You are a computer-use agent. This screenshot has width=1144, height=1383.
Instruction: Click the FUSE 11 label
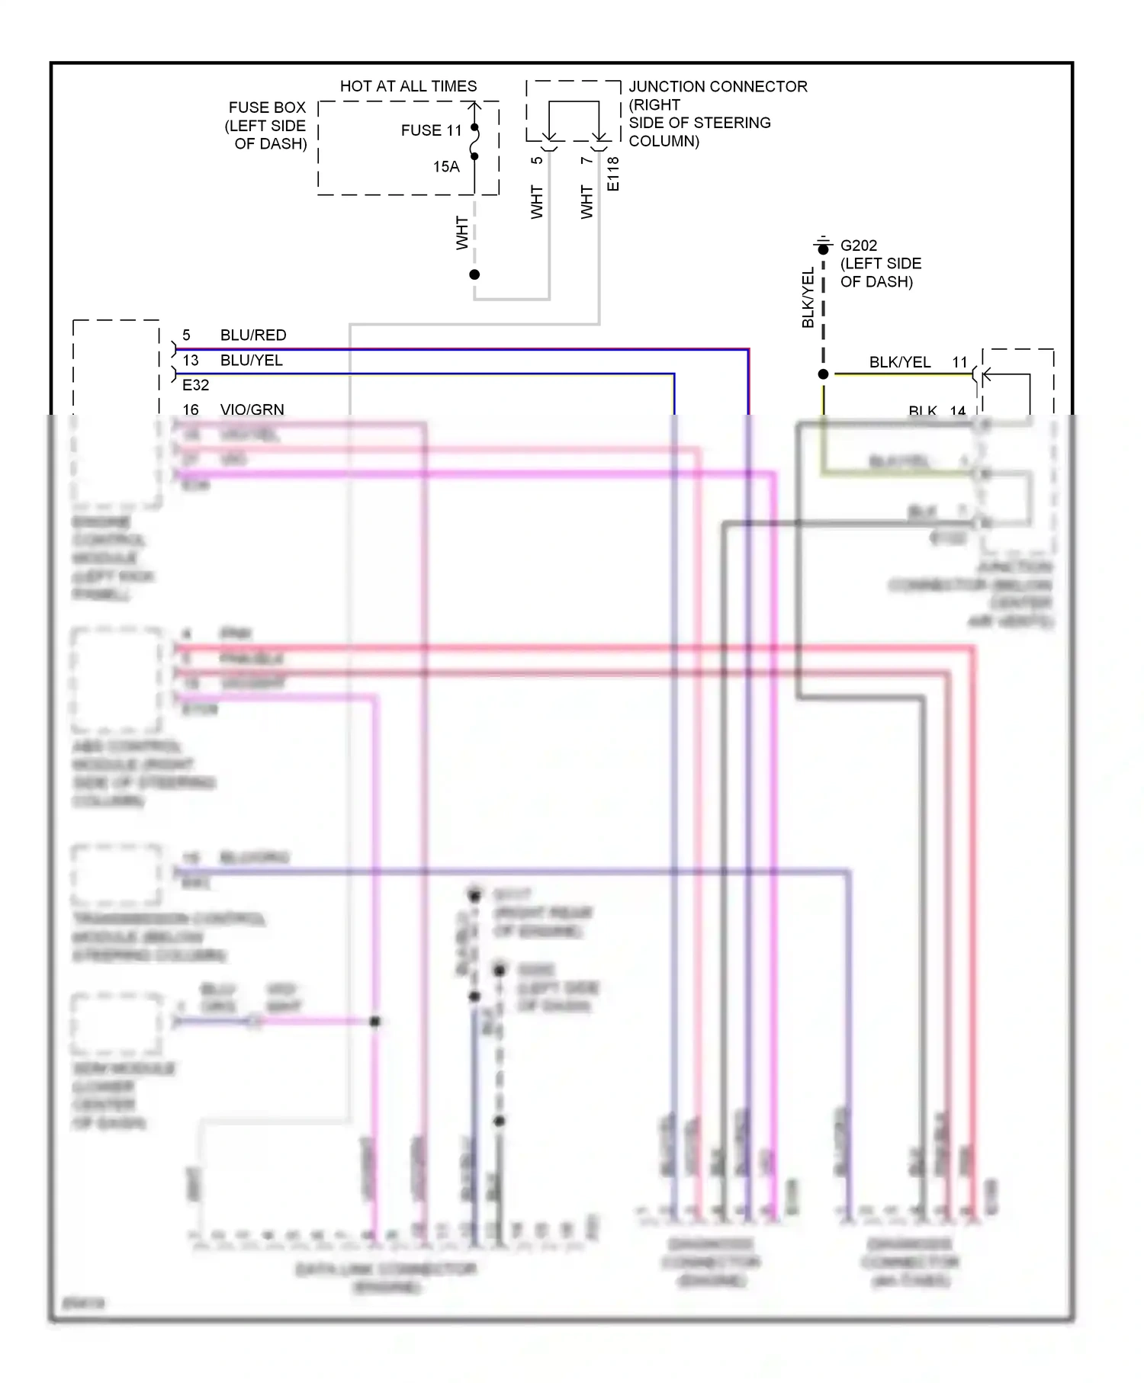tap(431, 130)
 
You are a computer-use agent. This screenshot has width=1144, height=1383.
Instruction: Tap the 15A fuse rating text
tap(446, 167)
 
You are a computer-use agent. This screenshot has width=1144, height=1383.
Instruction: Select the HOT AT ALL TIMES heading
tap(408, 86)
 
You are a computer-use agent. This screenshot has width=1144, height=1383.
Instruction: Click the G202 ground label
tap(858, 245)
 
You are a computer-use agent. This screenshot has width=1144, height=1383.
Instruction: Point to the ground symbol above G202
tap(822, 244)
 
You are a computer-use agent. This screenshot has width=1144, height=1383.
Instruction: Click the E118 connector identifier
tap(614, 174)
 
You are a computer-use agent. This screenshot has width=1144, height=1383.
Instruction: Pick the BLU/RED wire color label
tap(253, 335)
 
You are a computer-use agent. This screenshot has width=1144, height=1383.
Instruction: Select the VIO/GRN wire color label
tap(252, 409)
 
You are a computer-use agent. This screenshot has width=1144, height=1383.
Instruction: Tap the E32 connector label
tap(195, 385)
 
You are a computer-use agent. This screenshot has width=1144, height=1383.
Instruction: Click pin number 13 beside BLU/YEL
tap(190, 361)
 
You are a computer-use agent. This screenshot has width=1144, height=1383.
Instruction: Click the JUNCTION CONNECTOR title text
tap(718, 86)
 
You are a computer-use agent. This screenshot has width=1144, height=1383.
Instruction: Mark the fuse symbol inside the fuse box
tap(474, 142)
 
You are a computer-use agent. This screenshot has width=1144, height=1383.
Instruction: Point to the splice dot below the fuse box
tap(474, 274)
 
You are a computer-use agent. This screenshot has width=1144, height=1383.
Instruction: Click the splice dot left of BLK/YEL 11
tap(823, 374)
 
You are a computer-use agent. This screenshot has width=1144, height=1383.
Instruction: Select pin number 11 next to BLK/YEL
tap(959, 362)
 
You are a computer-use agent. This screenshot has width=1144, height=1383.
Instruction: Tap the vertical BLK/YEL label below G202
tap(808, 297)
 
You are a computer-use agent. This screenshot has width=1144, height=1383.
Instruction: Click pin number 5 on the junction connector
tap(537, 160)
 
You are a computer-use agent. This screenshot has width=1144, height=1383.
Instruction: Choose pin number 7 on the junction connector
tap(586, 160)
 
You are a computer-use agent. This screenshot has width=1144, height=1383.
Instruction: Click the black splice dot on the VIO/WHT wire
tap(374, 1022)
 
